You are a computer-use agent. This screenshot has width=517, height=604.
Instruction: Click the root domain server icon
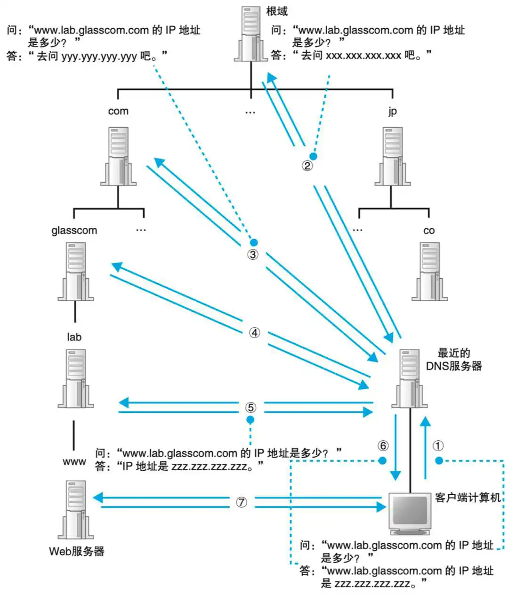[250, 34]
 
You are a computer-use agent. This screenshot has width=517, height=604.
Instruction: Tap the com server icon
[118, 156]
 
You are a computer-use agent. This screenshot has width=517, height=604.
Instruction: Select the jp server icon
[392, 156]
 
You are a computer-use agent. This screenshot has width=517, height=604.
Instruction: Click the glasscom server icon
[75, 272]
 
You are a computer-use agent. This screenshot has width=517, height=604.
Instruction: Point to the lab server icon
[75, 379]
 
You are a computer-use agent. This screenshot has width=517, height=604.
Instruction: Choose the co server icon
[429, 272]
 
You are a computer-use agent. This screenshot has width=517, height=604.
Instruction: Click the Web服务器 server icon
[75, 510]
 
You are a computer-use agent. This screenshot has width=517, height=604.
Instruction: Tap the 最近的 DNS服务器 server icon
[409, 379]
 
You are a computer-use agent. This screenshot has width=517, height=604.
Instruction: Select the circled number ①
[438, 445]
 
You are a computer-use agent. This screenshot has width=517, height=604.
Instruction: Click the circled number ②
[307, 166]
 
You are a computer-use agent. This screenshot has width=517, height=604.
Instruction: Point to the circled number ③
[253, 255]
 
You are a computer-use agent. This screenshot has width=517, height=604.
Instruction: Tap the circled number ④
[254, 333]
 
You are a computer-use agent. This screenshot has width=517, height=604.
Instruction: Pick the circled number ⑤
[251, 407]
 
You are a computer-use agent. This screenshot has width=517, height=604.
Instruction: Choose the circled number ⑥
[383, 445]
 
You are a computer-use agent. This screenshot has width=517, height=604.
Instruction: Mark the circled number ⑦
[241, 502]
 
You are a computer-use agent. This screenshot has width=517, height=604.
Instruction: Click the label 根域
[277, 11]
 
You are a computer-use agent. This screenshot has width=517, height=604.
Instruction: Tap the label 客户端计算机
[468, 498]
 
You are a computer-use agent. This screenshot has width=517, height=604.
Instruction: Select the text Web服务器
[77, 551]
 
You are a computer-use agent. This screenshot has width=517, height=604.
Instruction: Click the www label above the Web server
[74, 462]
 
